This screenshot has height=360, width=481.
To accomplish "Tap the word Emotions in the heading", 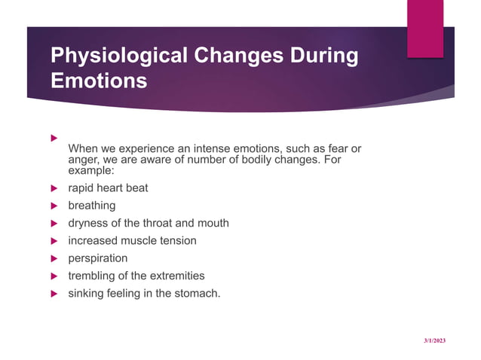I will tap(98, 81).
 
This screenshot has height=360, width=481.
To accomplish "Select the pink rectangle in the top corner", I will tap(425, 28).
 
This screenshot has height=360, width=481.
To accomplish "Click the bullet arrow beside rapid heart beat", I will tap(54, 188).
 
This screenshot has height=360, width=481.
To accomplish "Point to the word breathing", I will tap(92, 206).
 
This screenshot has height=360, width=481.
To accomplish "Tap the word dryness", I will tap(88, 223).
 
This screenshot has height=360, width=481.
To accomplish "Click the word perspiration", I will tap(98, 258).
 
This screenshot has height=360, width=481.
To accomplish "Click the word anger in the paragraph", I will tap(83, 160).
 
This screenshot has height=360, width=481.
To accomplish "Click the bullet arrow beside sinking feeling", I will tap(54, 293).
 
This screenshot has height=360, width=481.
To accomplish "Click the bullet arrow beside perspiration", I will tap(54, 258).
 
